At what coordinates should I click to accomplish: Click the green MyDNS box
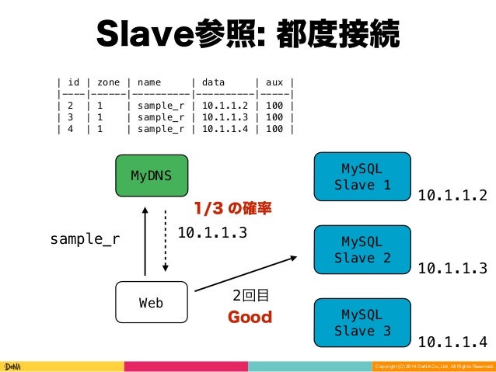[x=152, y=176]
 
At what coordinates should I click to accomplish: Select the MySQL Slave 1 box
[x=362, y=176]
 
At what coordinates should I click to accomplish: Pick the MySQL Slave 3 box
[x=362, y=323]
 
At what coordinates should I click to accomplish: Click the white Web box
[x=151, y=303]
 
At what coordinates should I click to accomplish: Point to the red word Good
[x=250, y=318]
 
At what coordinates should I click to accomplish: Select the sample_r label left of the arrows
[x=85, y=239]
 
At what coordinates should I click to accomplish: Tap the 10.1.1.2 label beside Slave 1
[x=452, y=195]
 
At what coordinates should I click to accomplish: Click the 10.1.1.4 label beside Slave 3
[x=452, y=341]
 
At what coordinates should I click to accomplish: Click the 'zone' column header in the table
[x=109, y=81]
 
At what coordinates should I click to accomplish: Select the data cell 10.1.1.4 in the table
[x=225, y=129]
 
